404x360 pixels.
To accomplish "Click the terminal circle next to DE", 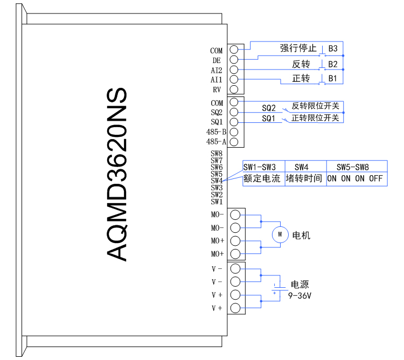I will click(x=234, y=60).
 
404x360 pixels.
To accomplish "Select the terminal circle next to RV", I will click(x=234, y=89).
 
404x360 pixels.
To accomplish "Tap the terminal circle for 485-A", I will click(x=234, y=142).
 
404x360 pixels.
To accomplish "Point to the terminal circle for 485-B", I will click(x=234, y=132).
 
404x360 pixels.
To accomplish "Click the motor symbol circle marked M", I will click(x=280, y=234).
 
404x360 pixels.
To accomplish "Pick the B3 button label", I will click(x=332, y=49).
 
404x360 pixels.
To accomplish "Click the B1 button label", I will click(x=332, y=78).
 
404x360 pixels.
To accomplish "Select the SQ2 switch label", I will click(x=269, y=108).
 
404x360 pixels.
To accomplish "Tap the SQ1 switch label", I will click(x=269, y=118).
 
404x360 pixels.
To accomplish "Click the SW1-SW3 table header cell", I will click(x=260, y=167).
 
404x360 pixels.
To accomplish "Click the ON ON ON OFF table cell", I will click(x=354, y=178).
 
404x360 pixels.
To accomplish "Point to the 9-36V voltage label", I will click(x=299, y=295).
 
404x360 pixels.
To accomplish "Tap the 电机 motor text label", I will click(x=301, y=236).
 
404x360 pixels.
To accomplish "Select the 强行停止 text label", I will click(x=298, y=49).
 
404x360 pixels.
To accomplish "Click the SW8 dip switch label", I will click(x=217, y=154).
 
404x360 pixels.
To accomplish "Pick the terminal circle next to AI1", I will click(x=234, y=80).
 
